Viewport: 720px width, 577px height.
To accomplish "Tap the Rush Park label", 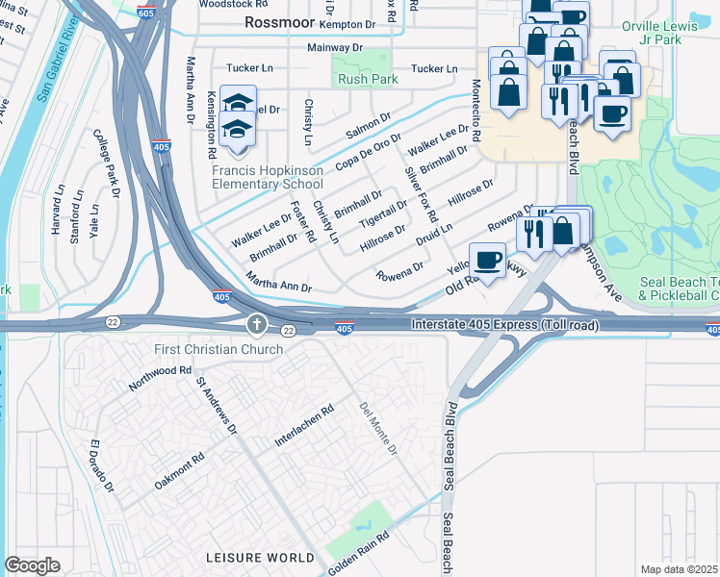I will click(x=359, y=81).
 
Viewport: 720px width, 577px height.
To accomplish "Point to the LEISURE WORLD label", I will click(x=260, y=558).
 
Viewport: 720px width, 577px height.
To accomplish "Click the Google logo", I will click(x=32, y=564).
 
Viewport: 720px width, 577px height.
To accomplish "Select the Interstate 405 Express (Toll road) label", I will click(x=505, y=326).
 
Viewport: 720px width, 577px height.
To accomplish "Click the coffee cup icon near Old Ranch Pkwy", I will click(x=488, y=260).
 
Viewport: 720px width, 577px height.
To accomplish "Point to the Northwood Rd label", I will click(x=162, y=378).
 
